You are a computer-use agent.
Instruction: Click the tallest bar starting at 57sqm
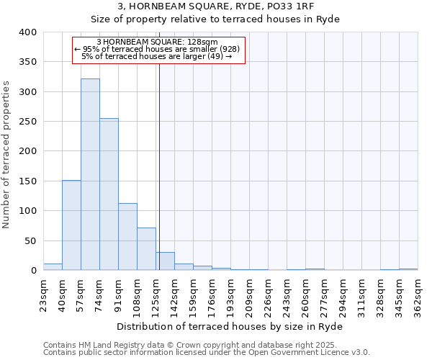[90, 174]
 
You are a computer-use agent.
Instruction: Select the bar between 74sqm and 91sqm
[109, 194]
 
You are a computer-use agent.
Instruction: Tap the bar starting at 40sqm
[71, 225]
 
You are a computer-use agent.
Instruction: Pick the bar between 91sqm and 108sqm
[127, 237]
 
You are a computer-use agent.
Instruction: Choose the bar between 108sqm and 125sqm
[146, 249]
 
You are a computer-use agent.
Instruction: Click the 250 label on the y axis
[27, 122]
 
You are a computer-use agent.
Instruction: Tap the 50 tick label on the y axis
[30, 241]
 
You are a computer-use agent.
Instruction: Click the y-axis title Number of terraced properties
[7, 155]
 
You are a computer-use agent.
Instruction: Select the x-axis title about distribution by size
[230, 327]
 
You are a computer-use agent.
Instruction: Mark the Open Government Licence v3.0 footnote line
[207, 352]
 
